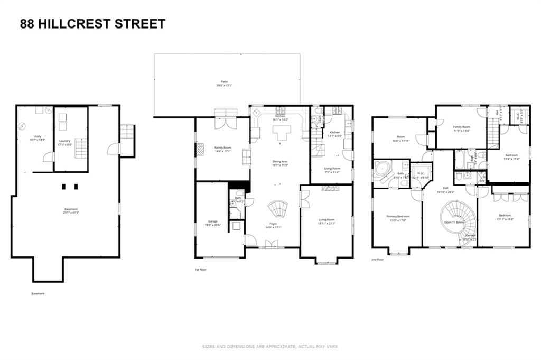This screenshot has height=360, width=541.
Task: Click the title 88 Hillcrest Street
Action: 92,24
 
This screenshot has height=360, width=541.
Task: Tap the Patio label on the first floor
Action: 225,84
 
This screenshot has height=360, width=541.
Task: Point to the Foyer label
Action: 273,226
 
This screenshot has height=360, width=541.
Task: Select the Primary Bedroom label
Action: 398,218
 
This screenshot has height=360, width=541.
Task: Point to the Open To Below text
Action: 454,223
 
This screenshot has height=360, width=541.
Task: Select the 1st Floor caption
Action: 201,270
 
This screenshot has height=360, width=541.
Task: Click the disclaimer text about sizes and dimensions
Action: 270,347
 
